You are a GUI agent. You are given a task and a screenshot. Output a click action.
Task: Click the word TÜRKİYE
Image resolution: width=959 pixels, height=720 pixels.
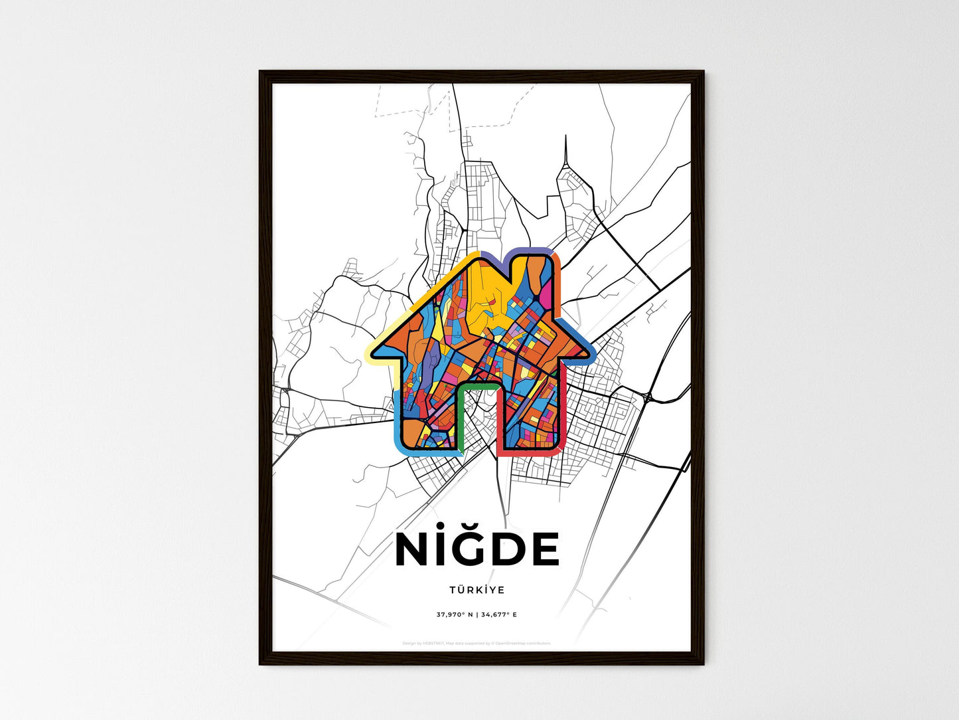(477, 590)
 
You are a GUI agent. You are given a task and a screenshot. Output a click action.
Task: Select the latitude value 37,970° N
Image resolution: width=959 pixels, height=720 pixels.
(455, 614)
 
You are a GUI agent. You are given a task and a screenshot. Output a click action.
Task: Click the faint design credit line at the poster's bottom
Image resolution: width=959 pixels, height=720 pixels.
(477, 643)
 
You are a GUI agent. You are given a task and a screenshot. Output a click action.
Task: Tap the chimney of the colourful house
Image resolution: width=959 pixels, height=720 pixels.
(534, 272)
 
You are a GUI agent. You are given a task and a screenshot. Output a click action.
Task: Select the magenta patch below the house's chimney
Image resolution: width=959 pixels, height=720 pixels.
(545, 296)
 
